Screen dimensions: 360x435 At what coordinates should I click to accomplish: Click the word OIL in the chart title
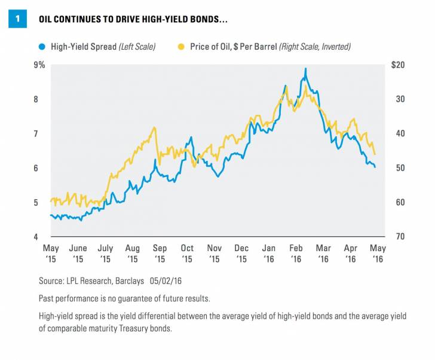[x=48, y=19]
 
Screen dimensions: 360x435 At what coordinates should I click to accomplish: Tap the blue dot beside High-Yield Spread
[x=41, y=46]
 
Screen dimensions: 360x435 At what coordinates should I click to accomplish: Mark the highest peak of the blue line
[x=305, y=69]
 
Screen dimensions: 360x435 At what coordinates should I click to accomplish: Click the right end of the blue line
[x=375, y=167]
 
